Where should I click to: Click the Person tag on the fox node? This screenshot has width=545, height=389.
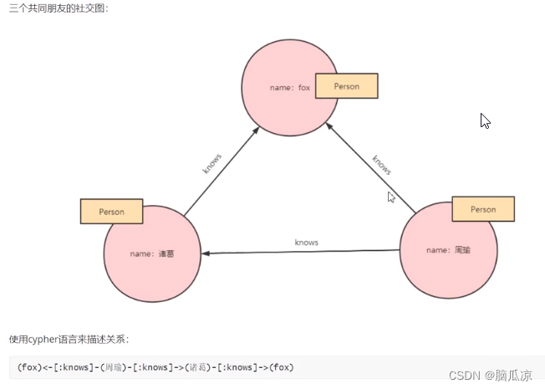[346, 86]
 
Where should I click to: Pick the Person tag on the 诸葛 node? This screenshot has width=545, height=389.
[111, 212]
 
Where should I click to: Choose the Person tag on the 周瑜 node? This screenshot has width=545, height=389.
[483, 209]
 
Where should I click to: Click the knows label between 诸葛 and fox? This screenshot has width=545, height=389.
[212, 163]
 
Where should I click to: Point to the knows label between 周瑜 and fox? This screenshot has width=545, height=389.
[381, 165]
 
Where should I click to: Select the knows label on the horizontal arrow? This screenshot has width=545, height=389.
[307, 242]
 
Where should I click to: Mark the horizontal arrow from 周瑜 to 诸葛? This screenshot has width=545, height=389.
[301, 252]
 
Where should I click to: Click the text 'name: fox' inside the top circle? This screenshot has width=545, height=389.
[289, 87]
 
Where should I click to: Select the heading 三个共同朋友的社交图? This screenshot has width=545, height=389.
[59, 8]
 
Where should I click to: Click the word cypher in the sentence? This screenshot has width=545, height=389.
[45, 339]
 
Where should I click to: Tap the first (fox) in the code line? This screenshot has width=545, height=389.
[29, 367]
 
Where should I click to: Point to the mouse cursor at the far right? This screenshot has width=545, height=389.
[485, 120]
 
